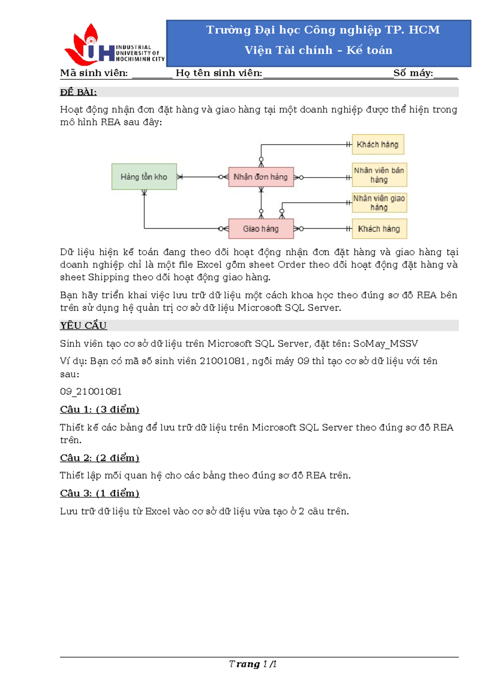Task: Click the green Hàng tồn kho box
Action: click(x=144, y=177)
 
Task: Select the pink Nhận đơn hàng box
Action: click(x=261, y=177)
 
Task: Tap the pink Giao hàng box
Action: click(x=261, y=229)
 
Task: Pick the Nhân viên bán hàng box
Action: click(x=379, y=175)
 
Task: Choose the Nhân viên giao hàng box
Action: click(x=379, y=203)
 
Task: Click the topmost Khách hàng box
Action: click(x=378, y=144)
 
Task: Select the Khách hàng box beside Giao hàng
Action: click(x=379, y=229)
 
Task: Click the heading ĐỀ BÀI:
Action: click(x=78, y=92)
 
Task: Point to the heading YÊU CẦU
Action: click(x=83, y=326)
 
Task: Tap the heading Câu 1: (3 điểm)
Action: click(x=100, y=409)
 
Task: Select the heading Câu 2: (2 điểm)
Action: click(x=100, y=458)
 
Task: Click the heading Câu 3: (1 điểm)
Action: click(x=100, y=493)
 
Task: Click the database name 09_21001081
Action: click(x=91, y=391)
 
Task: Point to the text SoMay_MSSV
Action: click(x=385, y=344)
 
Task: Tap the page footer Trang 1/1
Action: click(x=253, y=664)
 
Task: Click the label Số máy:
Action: click(x=413, y=73)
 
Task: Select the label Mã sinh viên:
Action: click(x=94, y=73)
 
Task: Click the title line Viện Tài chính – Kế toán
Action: click(x=318, y=50)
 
